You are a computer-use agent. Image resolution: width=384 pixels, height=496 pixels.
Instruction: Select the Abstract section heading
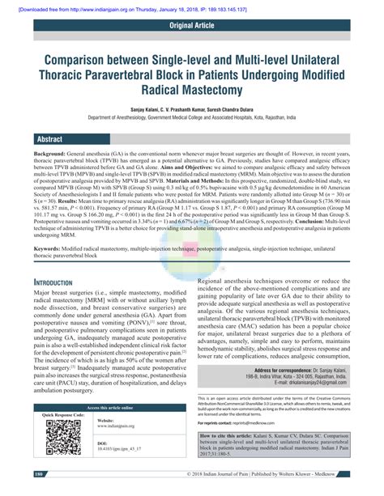[x=50, y=139]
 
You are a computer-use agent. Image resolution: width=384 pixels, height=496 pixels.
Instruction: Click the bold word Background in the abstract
[x=49, y=153]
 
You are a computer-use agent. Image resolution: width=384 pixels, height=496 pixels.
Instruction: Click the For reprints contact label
[x=218, y=446]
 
